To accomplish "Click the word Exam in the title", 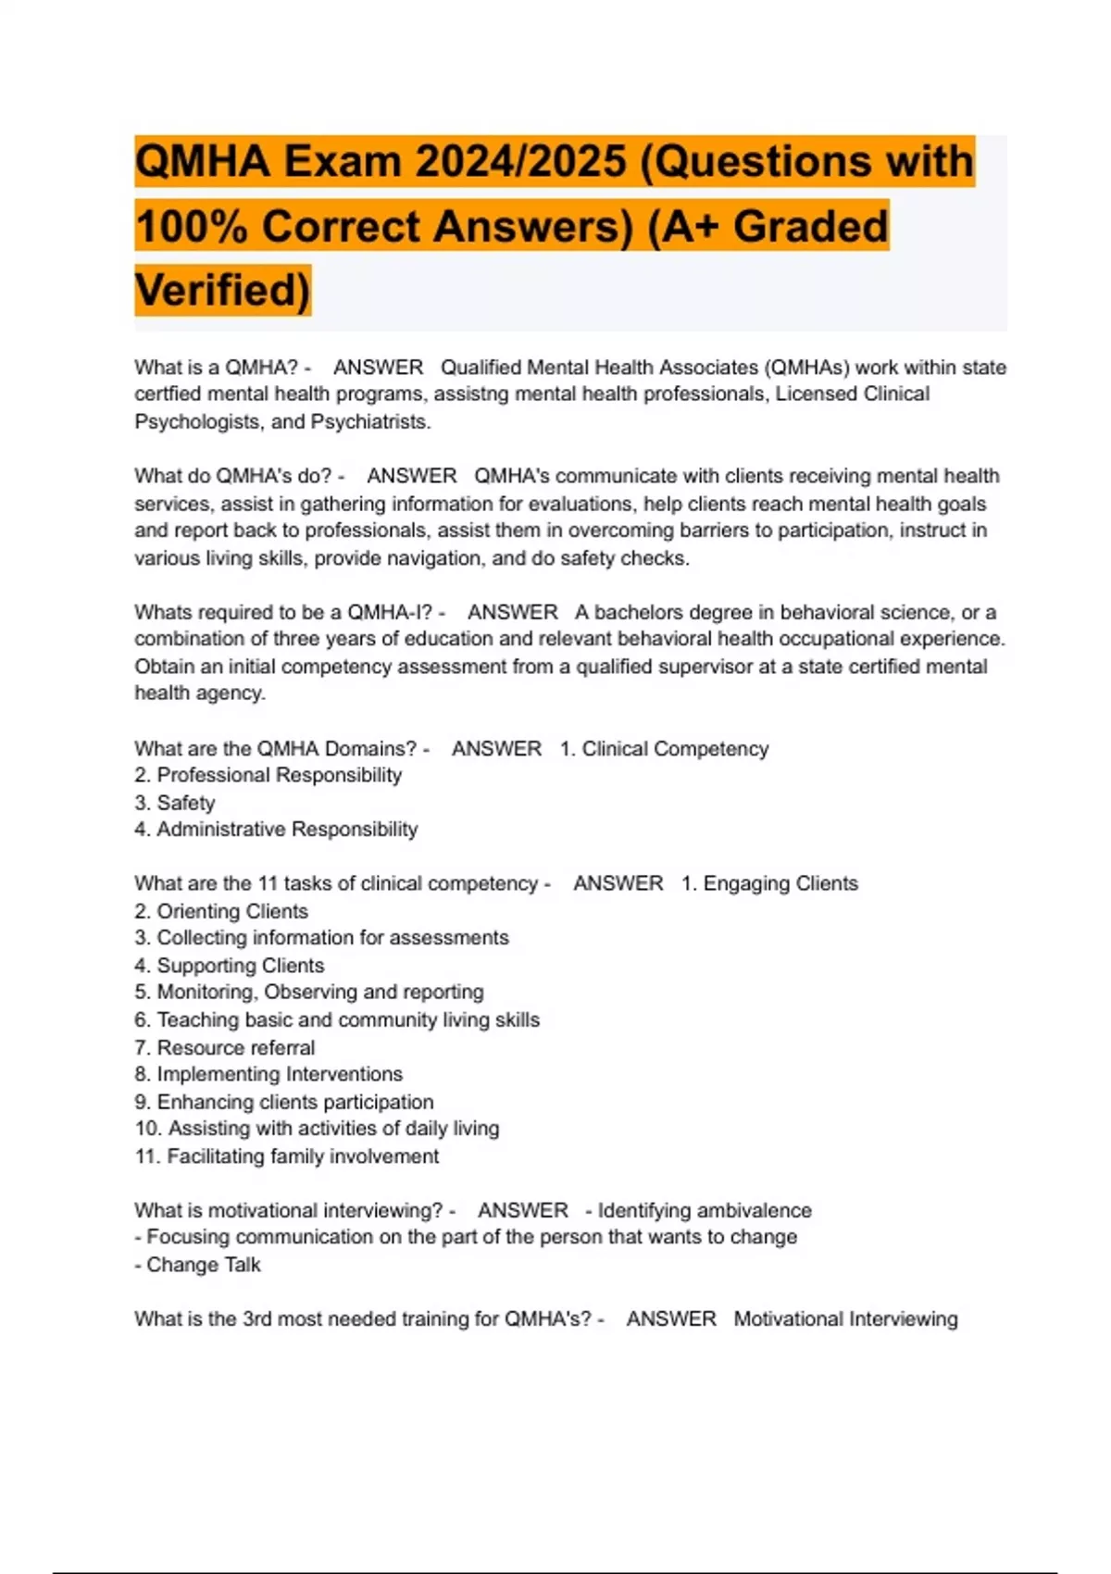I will [x=342, y=162].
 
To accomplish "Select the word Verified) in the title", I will [x=223, y=290].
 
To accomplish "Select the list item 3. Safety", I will [x=175, y=803].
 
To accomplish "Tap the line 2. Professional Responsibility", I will [x=268, y=775].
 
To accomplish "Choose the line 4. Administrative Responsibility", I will [x=276, y=830].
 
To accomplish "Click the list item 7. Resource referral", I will [x=225, y=1048].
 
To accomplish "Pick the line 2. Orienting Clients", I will [x=221, y=911].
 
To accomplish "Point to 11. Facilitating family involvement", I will [x=287, y=1156].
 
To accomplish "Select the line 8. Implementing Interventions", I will [x=268, y=1074].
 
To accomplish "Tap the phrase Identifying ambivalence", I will [x=704, y=1211].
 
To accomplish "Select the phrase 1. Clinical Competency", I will [x=664, y=749].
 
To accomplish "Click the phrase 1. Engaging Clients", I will [x=769, y=884].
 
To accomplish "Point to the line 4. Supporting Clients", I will [x=230, y=966].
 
